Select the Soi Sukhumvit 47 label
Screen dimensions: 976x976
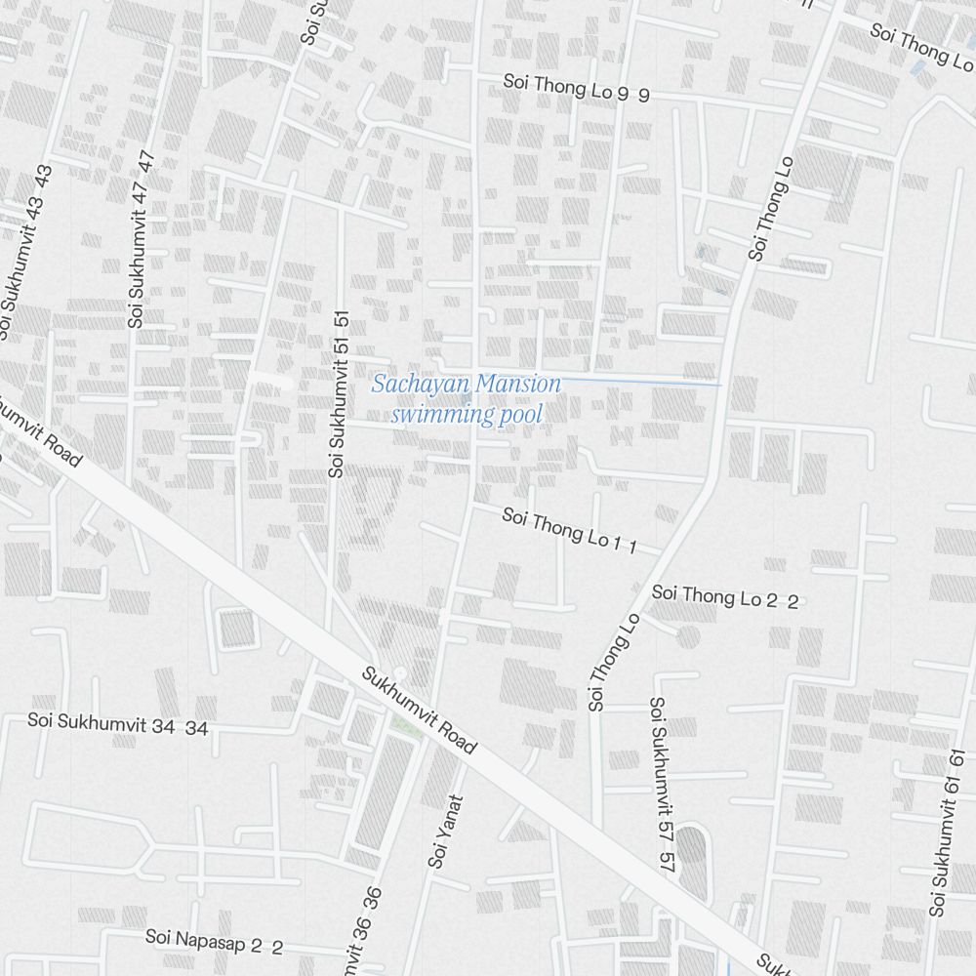point(142,239)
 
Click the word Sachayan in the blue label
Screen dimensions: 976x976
point(419,385)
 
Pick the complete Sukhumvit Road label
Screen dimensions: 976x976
point(420,711)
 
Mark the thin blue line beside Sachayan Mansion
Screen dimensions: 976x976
point(644,382)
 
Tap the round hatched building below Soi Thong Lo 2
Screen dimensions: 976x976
point(688,637)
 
